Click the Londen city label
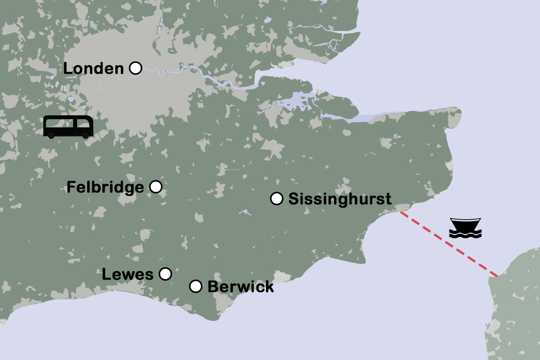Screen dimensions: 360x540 click(93, 69)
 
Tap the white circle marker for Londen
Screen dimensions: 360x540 click(136, 68)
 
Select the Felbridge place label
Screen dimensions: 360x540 click(105, 187)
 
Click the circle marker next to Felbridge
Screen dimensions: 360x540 click(156, 187)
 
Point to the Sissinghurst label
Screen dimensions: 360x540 click(340, 199)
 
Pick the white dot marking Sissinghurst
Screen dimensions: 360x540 click(277, 199)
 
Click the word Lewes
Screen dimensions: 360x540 click(128, 274)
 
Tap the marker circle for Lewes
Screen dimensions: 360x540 click(165, 274)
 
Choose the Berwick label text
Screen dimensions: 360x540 click(241, 287)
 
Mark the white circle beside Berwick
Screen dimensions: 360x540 click(196, 286)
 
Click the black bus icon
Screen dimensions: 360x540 click(69, 127)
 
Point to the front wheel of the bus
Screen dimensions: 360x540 click(85, 136)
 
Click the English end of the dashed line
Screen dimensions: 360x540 click(400, 212)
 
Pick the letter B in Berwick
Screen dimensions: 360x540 click(213, 287)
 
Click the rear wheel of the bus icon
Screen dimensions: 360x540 click(52, 136)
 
